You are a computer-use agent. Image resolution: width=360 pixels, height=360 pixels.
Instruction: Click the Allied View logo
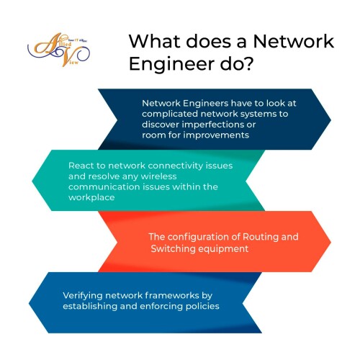(x=59, y=50)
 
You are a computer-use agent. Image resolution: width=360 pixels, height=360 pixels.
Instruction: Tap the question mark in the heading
(x=247, y=63)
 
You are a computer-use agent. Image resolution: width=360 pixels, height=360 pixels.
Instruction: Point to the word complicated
(x=170, y=114)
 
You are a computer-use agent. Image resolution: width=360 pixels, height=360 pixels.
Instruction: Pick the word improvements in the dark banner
(x=216, y=135)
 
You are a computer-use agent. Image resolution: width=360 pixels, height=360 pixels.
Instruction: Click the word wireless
(x=158, y=176)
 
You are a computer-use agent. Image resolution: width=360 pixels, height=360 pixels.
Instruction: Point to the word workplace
(x=91, y=198)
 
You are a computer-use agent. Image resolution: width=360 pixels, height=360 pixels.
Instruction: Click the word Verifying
(x=83, y=296)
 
